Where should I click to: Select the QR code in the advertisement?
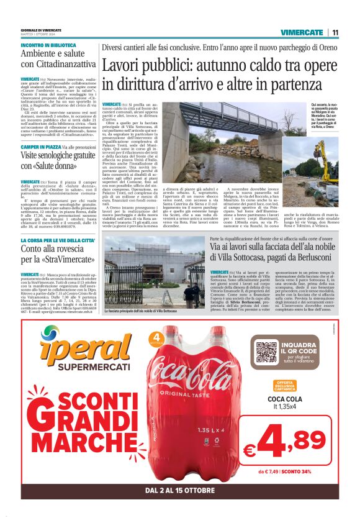267,351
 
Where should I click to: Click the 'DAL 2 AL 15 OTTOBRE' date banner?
180,491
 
